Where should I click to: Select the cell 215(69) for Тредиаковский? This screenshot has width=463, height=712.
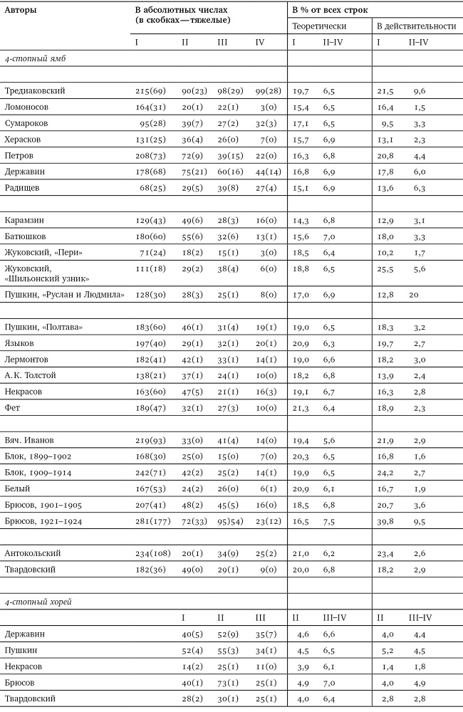click(151, 92)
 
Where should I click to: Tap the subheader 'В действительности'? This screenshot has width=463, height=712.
click(416, 26)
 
